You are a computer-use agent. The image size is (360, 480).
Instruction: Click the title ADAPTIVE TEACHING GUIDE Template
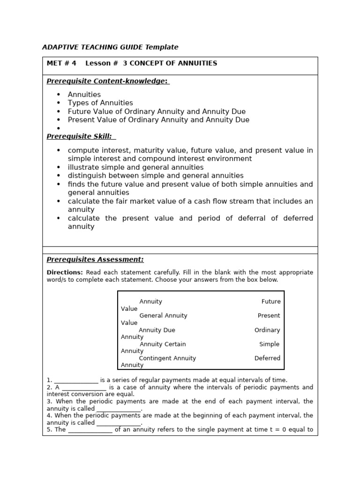pyautogui.click(x=110, y=47)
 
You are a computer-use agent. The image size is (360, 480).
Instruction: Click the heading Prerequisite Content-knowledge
pyautogui.click(x=107, y=81)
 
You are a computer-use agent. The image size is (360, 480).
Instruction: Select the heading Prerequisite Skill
pyautogui.click(x=80, y=136)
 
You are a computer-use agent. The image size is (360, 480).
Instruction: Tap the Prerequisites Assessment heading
pyautogui.click(x=95, y=260)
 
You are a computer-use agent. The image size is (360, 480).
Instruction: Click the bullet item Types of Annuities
pyautogui.click(x=100, y=103)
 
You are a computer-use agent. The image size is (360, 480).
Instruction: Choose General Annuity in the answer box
pyautogui.click(x=163, y=315)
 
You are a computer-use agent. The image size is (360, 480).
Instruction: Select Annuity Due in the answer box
pyautogui.click(x=157, y=330)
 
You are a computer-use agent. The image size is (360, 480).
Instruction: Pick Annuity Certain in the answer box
pyautogui.click(x=163, y=344)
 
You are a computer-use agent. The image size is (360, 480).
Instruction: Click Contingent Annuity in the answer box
pyautogui.click(x=167, y=358)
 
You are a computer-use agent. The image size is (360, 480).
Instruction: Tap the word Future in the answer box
pyautogui.click(x=271, y=301)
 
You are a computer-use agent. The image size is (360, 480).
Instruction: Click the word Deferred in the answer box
pyautogui.click(x=267, y=358)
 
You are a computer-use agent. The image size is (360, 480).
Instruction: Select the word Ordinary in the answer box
pyautogui.click(x=267, y=330)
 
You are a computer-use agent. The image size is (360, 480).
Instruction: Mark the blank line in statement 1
pyautogui.click(x=76, y=381)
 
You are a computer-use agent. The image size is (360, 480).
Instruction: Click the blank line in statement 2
pyautogui.click(x=84, y=388)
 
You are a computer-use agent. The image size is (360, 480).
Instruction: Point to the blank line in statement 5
pyautogui.click(x=90, y=430)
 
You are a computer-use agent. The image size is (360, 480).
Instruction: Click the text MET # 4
pyautogui.click(x=61, y=63)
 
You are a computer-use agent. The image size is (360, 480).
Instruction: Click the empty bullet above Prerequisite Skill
pyautogui.click(x=59, y=128)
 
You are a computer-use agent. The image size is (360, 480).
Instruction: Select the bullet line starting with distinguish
pyautogui.click(x=156, y=176)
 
